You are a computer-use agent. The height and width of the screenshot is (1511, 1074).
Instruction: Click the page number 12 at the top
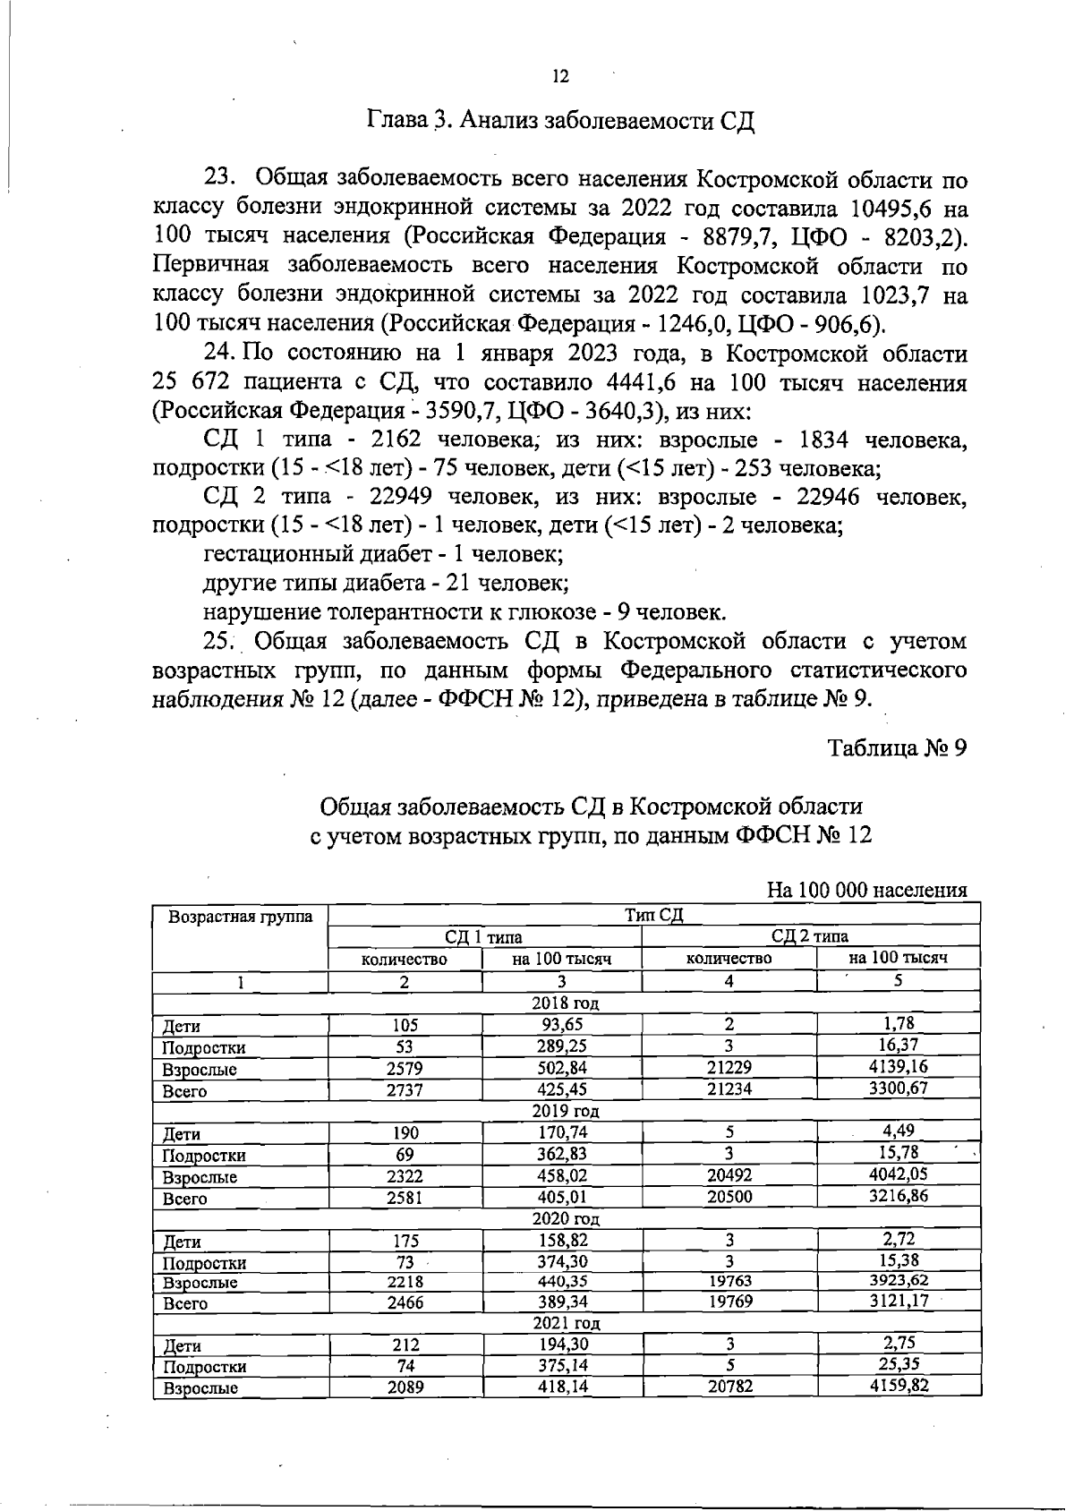coord(560,77)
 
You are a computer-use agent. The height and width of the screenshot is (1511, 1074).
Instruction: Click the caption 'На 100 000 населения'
coord(867,891)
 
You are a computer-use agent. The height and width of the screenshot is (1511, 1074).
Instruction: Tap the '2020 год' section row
coord(566,1219)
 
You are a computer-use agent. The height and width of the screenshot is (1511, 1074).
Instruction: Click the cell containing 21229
coord(729,1068)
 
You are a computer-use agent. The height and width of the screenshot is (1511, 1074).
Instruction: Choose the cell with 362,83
coord(562,1154)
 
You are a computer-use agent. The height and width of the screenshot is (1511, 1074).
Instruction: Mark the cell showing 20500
coord(729,1197)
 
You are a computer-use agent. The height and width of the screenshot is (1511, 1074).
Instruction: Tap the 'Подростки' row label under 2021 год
coord(204,1367)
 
